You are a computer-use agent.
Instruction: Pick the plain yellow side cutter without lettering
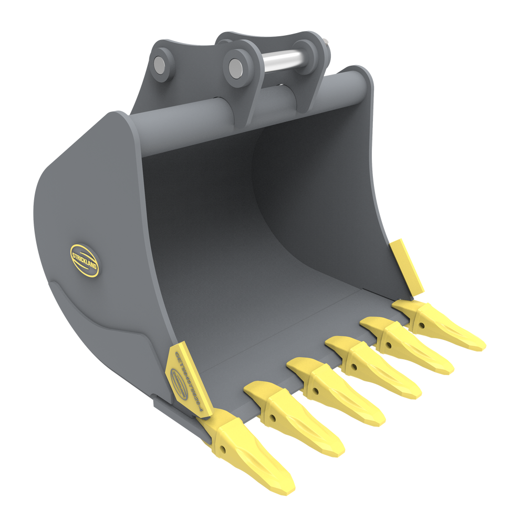click(x=408, y=265)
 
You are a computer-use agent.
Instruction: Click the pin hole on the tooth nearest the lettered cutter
click(x=223, y=449)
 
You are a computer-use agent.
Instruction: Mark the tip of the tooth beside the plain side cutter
click(x=481, y=347)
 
